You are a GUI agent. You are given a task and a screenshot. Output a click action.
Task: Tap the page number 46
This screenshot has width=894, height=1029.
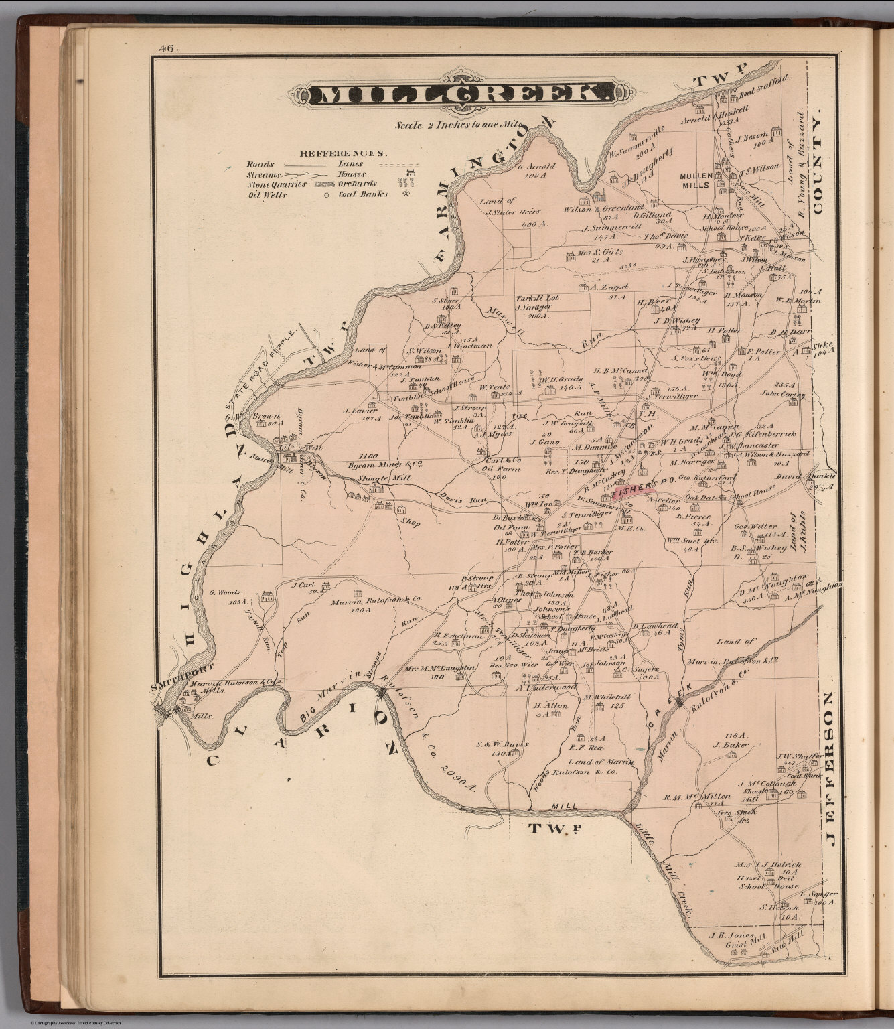click(x=164, y=48)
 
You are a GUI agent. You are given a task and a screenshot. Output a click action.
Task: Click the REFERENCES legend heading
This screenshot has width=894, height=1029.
click(x=342, y=153)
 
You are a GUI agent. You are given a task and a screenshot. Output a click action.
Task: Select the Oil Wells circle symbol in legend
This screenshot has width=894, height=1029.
click(x=325, y=196)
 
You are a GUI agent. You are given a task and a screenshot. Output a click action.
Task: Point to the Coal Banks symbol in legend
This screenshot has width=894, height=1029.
click(x=405, y=194)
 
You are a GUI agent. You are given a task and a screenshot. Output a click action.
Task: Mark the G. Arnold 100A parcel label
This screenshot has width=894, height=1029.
click(x=536, y=170)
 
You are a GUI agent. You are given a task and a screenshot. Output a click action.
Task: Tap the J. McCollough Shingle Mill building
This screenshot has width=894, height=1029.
click(x=773, y=795)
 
